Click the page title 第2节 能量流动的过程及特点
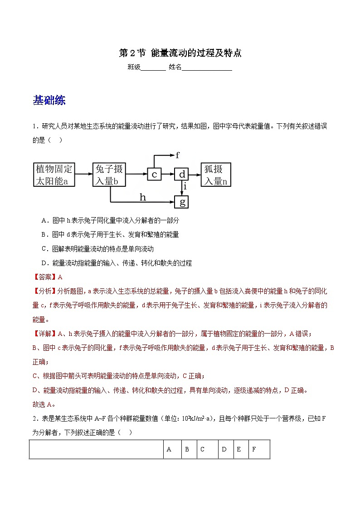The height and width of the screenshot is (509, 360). [180, 53]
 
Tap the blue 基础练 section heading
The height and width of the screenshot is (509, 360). [49, 101]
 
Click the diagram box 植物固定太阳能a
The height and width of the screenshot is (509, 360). [54, 175]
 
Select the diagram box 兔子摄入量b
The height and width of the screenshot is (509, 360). [109, 175]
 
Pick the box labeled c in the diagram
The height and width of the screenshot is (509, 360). [155, 175]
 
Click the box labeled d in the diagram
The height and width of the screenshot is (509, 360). [182, 175]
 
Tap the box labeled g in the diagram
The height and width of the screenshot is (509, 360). [182, 202]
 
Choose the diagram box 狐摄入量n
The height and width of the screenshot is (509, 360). [216, 175]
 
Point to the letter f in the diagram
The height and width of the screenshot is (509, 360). [178, 155]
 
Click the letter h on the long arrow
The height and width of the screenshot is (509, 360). [143, 197]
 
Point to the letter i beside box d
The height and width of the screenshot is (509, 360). [186, 186]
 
